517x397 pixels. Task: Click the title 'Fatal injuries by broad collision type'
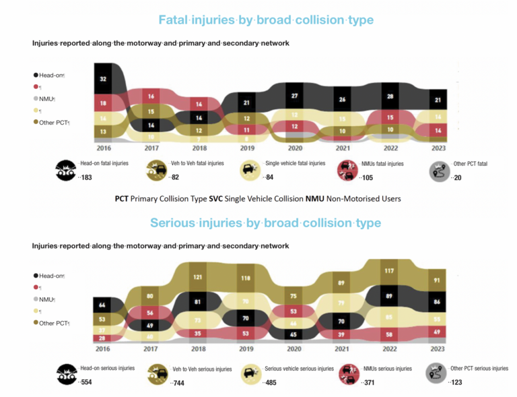point(266,20)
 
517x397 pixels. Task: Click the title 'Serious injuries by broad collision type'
point(266,223)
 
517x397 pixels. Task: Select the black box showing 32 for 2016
point(103,78)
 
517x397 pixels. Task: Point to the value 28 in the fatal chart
point(390,96)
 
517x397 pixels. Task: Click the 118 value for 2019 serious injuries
point(246,277)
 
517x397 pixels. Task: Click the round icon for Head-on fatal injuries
point(66,169)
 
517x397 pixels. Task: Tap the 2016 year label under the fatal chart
point(103,148)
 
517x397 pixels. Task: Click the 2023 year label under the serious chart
point(438,349)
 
